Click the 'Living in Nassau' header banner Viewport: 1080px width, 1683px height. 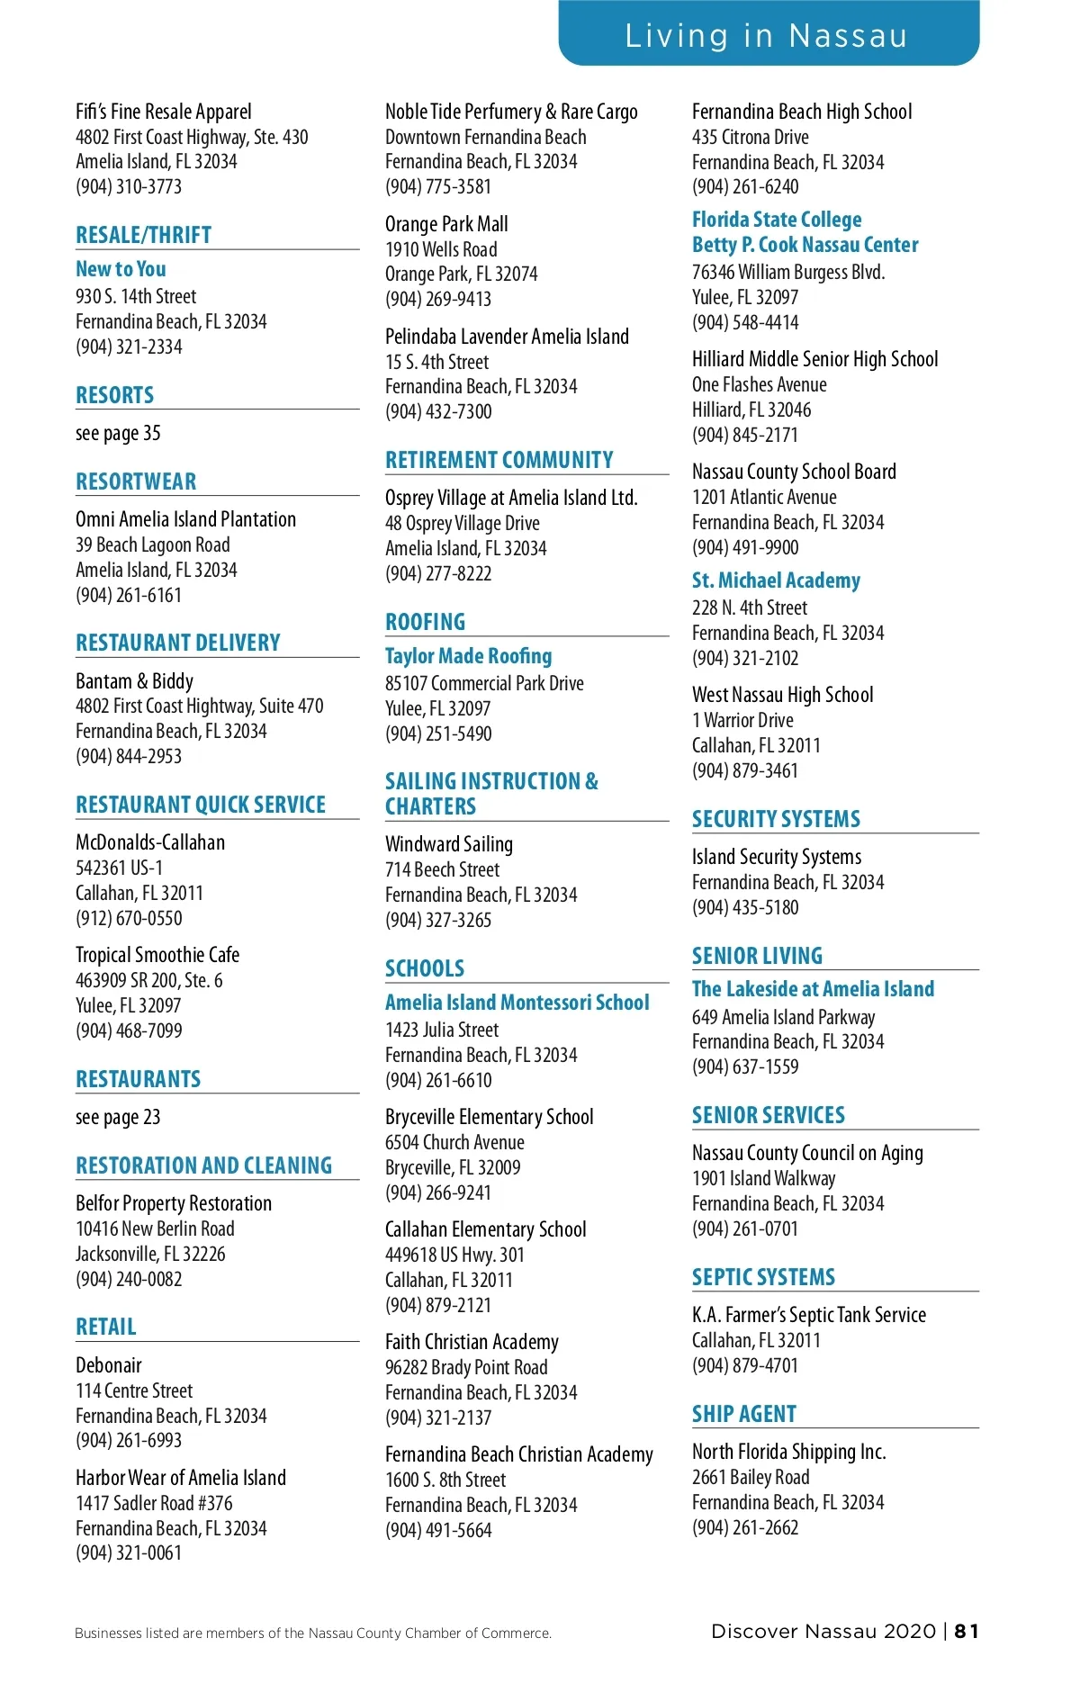coord(768,35)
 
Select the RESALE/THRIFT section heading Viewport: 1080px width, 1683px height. coord(144,236)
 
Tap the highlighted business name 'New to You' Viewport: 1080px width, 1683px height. coord(121,269)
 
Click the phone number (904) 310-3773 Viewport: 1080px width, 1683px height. coord(129,187)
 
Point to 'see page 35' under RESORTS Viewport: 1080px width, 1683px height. coord(118,434)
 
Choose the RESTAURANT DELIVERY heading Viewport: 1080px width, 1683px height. coord(178,643)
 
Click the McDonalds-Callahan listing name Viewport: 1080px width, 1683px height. coord(150,843)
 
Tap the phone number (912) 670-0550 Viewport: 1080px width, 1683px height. coord(129,919)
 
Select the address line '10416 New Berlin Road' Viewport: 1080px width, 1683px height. coord(155,1229)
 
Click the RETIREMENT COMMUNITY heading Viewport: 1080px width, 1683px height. coord(499,460)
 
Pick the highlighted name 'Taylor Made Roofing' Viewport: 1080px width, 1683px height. coord(469,656)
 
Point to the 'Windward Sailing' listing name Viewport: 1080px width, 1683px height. coord(449,844)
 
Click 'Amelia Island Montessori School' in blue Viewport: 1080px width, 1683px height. coord(517,1003)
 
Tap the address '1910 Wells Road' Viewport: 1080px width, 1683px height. coord(441,250)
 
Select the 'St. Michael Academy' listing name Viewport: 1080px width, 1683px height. coord(776,580)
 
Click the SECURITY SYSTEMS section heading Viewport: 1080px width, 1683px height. coord(776,819)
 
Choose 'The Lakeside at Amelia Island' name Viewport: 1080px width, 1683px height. coord(813,989)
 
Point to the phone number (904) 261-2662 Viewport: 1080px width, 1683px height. coord(745,1528)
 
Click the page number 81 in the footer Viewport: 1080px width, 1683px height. coord(967,1632)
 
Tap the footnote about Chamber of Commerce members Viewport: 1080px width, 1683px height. coord(313,1633)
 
